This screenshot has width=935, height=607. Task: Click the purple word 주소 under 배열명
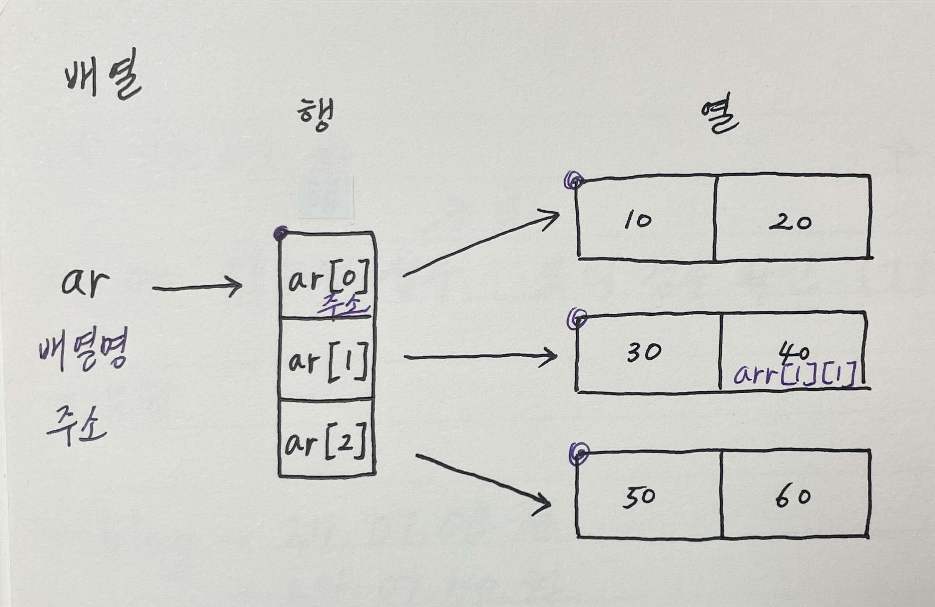pyautogui.click(x=77, y=426)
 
